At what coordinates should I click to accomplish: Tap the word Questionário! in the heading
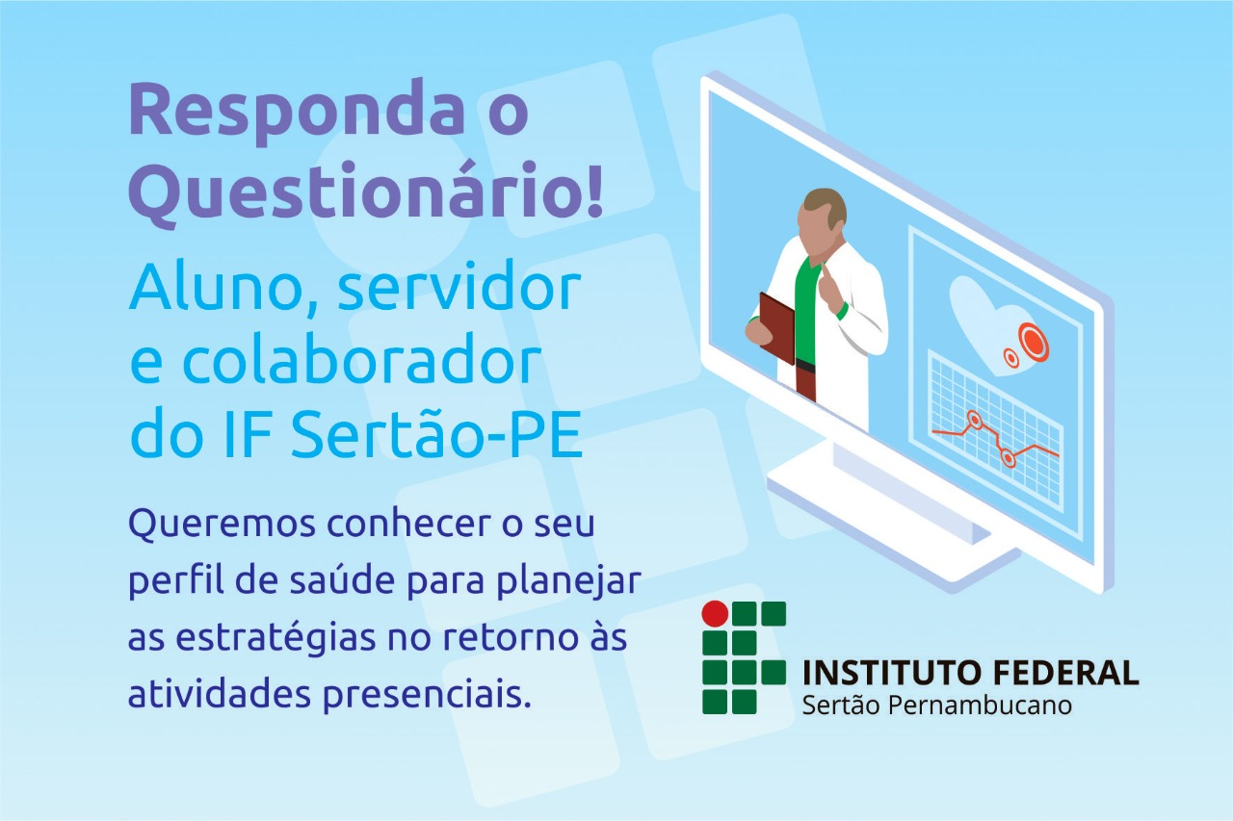coord(367,193)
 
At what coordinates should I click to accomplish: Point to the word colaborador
coord(361,363)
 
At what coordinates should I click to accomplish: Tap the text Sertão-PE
coord(436,435)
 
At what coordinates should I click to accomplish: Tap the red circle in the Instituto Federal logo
coord(716,614)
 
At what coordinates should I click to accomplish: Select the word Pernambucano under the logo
coord(981,706)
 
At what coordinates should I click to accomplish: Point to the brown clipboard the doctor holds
coord(776,328)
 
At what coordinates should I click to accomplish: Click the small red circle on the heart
coord(1010,358)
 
